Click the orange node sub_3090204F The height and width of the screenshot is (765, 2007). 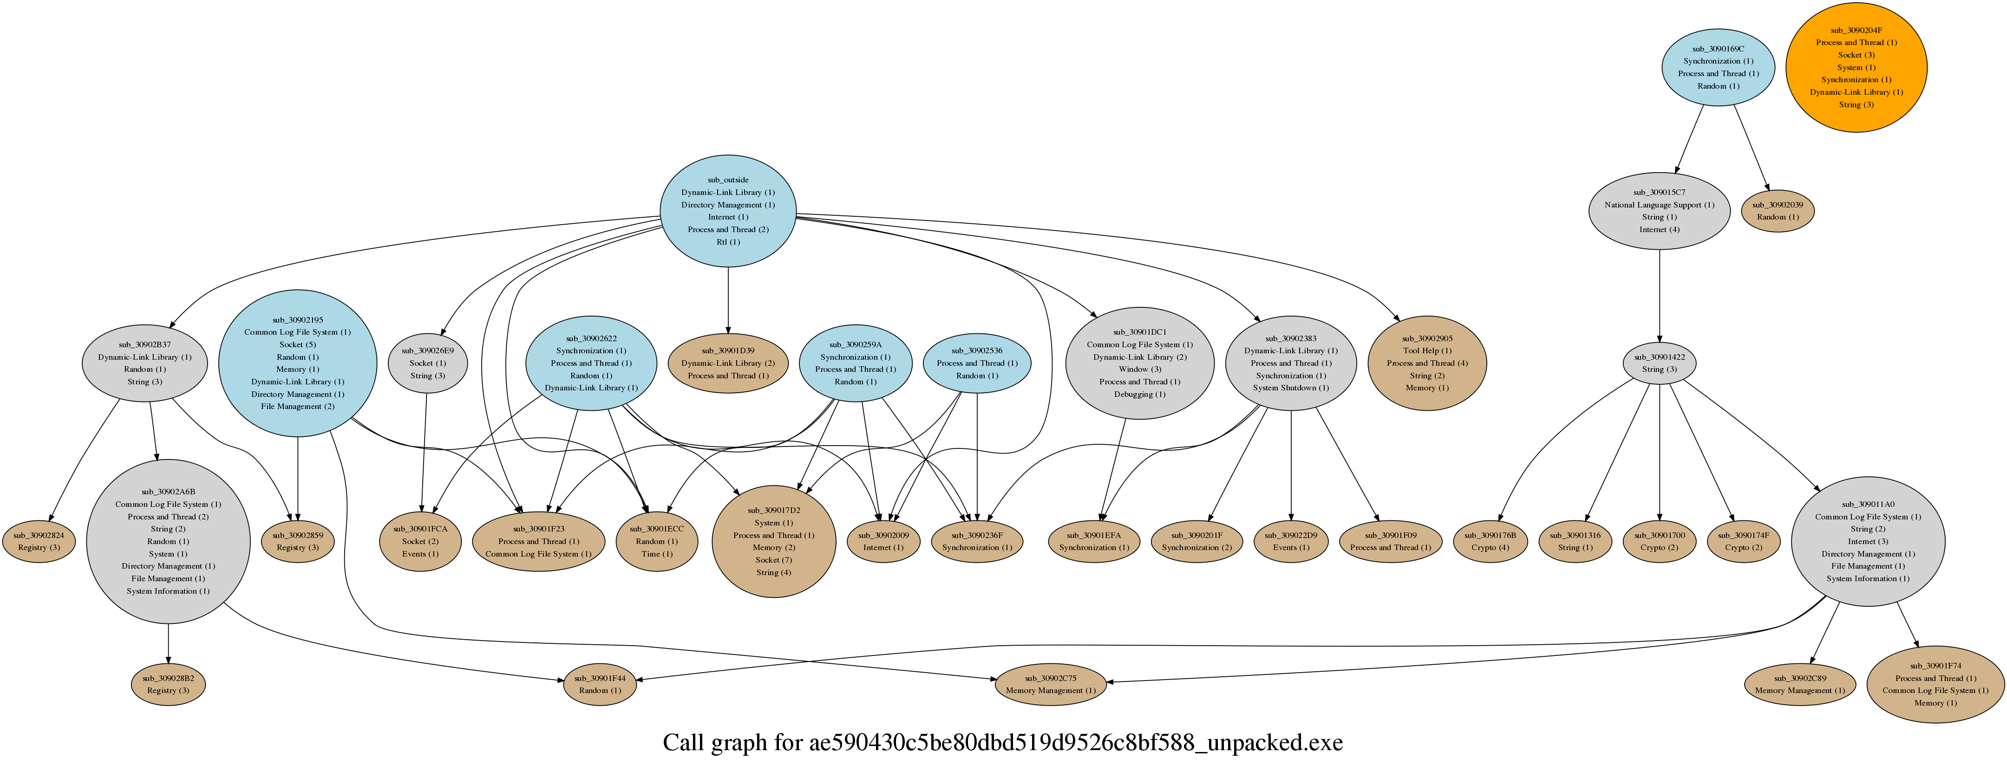[1856, 67]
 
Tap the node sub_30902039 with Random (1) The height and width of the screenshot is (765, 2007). [1777, 210]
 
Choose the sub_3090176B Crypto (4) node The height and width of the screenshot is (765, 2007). [1490, 541]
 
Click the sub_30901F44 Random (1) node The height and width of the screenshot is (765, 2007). [599, 684]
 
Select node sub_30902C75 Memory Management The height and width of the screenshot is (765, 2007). [1050, 684]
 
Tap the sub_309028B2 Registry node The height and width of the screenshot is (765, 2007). [168, 684]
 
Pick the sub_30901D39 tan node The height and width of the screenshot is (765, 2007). [728, 363]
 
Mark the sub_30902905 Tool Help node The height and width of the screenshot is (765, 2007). [1426, 363]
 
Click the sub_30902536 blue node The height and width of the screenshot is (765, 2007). [977, 363]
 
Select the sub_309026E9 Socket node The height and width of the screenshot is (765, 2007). [428, 363]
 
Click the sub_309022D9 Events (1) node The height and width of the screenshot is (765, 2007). [1291, 541]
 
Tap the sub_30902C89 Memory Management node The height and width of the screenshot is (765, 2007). [1799, 684]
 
